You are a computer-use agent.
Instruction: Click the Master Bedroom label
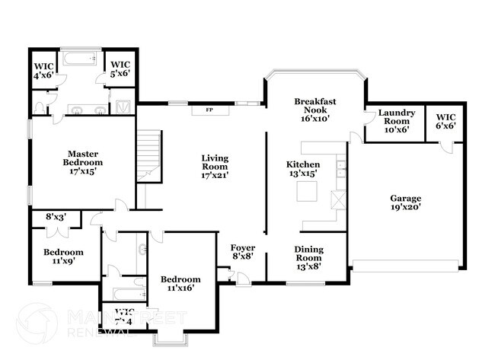[x=83, y=162]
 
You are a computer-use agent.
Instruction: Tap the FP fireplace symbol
[x=207, y=110]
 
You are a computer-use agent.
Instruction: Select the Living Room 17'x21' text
[x=215, y=167]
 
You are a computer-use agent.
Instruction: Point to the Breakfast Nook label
[x=315, y=110]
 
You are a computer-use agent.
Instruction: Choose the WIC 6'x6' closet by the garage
[x=445, y=121]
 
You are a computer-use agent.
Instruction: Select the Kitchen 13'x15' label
[x=302, y=169]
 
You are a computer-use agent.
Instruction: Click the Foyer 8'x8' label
[x=243, y=253]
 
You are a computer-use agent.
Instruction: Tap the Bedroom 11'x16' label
[x=180, y=284]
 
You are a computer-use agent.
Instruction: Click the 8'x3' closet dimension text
[x=56, y=218]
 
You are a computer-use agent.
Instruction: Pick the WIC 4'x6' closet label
[x=43, y=70]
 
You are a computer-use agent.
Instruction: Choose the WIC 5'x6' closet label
[x=120, y=69]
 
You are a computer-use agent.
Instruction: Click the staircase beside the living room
[x=149, y=157]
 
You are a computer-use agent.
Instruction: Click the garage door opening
[x=407, y=266]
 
